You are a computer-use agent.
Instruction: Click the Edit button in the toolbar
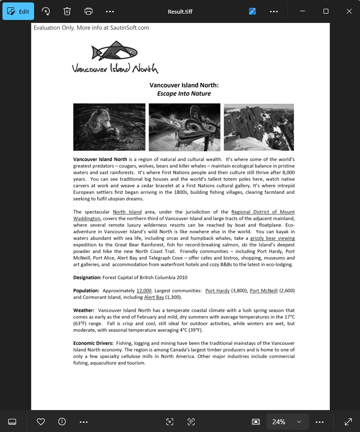[x=18, y=11]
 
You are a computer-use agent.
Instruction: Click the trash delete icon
[x=67, y=11]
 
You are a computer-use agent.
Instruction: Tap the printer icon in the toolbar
[x=88, y=11]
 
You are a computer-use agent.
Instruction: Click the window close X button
[x=349, y=11]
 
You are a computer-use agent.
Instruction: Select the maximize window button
[x=326, y=11]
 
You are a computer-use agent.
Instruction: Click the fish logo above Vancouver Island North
[x=114, y=51]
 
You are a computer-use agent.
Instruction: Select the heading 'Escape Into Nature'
[x=184, y=94]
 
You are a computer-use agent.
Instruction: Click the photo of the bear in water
[x=109, y=127]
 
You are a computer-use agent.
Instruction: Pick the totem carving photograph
[x=184, y=127]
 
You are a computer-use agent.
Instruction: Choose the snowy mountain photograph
[x=259, y=127]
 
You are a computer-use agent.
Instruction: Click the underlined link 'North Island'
[x=127, y=212]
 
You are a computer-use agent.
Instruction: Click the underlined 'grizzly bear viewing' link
[x=272, y=238]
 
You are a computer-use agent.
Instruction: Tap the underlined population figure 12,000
[x=144, y=291]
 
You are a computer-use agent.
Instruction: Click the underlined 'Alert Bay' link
[x=154, y=297]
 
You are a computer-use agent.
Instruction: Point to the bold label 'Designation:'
[x=87, y=278]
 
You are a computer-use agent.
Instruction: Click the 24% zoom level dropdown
[x=288, y=422]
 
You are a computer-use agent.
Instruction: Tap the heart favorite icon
[x=41, y=422]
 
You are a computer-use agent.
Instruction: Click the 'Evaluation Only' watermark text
[x=91, y=28]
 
